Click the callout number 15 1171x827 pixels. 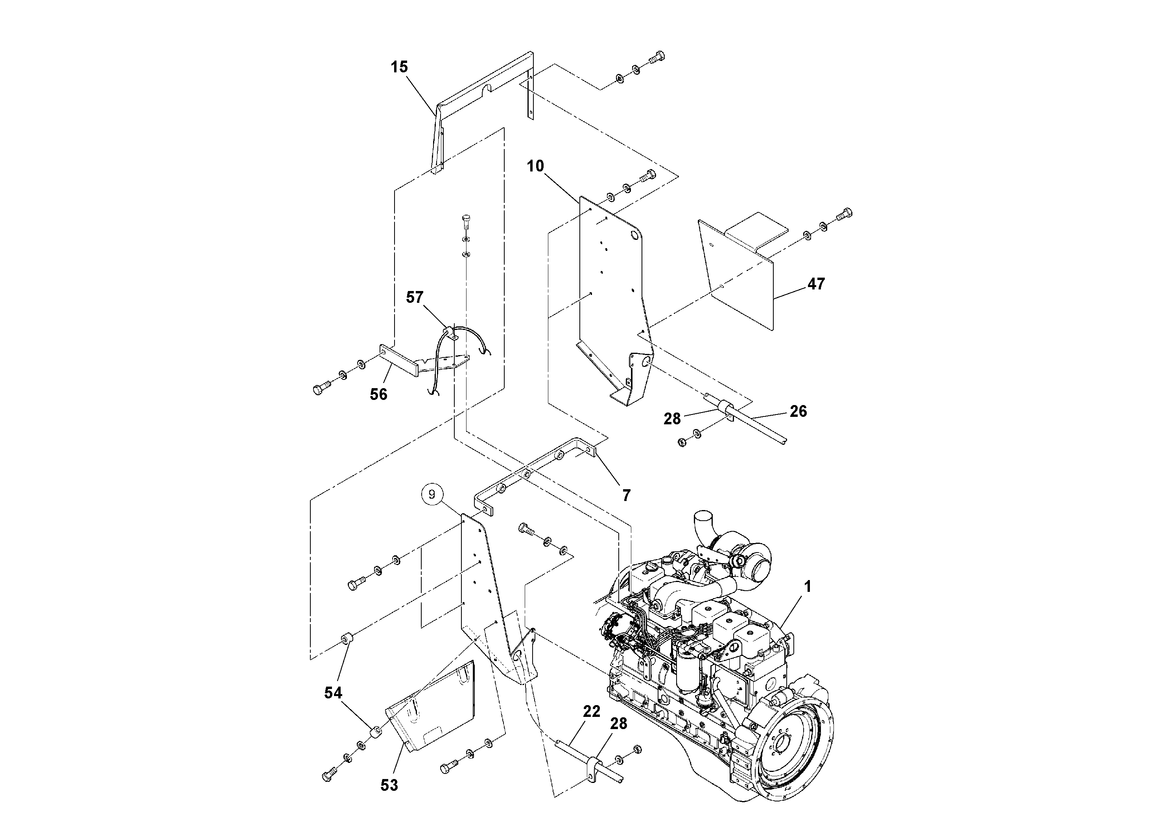pos(399,67)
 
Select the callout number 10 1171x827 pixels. pos(535,166)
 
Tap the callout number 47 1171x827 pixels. pos(816,284)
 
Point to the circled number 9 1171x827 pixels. pos(432,494)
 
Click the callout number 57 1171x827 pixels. pos(415,297)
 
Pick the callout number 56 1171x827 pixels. pos(378,394)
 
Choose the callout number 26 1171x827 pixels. pos(798,411)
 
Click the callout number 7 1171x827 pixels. pos(626,495)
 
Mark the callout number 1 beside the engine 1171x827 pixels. pos(808,587)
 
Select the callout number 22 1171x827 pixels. pos(592,711)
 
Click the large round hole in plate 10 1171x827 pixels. pos(636,236)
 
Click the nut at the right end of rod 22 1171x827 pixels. pos(636,750)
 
